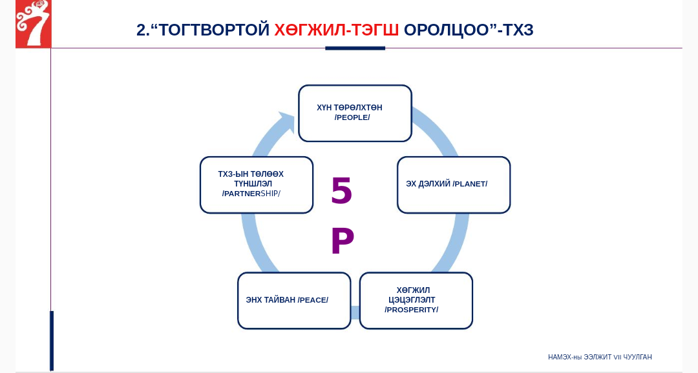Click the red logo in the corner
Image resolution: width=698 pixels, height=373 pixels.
[x=34, y=24]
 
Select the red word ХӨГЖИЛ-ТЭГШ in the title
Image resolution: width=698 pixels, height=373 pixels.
[x=337, y=30]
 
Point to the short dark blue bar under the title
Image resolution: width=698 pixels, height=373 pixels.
[x=355, y=48]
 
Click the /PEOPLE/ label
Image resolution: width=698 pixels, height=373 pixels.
[x=352, y=118]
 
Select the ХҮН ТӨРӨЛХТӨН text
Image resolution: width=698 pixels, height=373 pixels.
[x=350, y=108]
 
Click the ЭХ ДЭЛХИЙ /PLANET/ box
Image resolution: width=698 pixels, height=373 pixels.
[x=454, y=185]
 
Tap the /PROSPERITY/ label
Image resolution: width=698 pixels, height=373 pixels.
[x=411, y=310]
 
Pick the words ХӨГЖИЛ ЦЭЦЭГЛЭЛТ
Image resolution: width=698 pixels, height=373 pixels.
[x=412, y=295]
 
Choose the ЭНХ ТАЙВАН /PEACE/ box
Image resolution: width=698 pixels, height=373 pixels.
[x=294, y=301]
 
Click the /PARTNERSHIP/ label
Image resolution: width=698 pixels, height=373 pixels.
[x=251, y=194]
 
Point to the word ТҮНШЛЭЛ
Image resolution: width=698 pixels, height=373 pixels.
[x=253, y=184]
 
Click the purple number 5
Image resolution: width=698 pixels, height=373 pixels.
[x=341, y=190]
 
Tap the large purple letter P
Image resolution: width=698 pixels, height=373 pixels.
[x=343, y=241]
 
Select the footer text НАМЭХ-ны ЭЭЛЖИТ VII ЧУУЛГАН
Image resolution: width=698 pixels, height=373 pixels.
[x=600, y=357]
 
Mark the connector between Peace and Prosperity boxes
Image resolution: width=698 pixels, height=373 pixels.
[x=355, y=312]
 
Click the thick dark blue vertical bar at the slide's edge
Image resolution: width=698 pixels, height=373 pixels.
[x=52, y=341]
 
